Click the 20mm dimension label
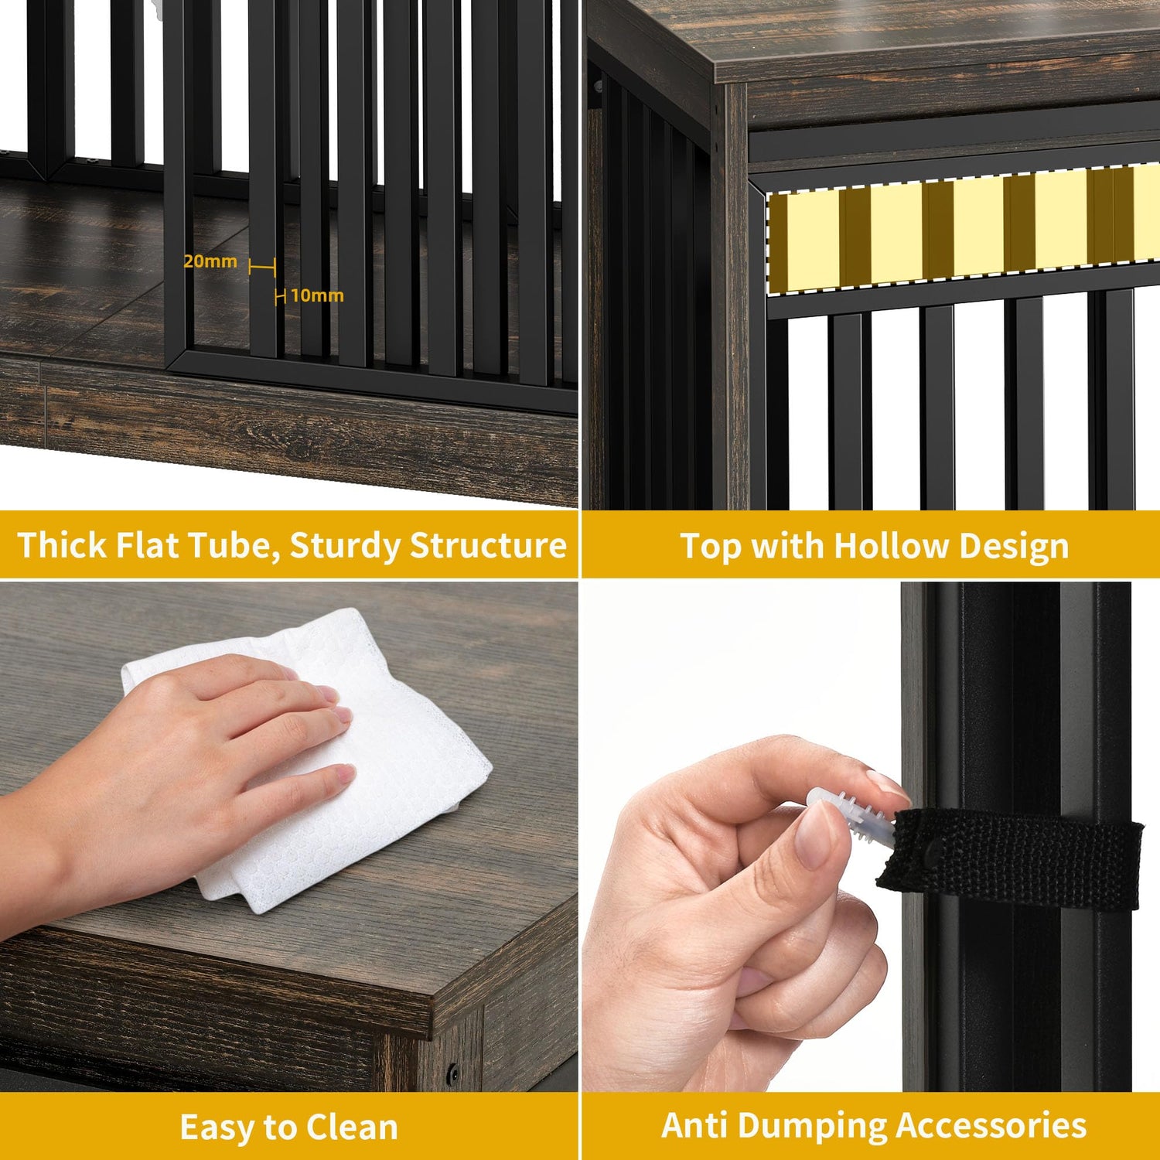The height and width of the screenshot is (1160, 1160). [210, 261]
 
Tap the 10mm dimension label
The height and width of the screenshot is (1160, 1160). [317, 295]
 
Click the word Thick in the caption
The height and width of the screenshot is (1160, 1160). [62, 545]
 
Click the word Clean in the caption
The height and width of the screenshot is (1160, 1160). [352, 1128]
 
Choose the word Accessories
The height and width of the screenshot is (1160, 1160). [997, 1126]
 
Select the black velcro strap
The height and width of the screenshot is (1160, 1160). [1010, 858]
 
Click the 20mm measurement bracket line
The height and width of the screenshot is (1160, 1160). [262, 267]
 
